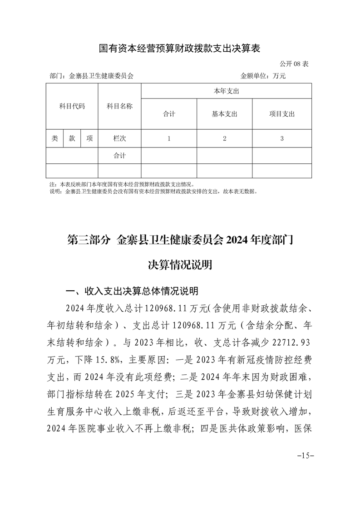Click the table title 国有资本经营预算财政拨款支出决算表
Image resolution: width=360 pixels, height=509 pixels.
pos(179,49)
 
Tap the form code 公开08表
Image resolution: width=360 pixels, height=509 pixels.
pos(294,64)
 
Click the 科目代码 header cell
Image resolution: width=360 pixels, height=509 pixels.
pos(72,107)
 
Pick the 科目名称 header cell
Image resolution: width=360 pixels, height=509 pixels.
pos(119,107)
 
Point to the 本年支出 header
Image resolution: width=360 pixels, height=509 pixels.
pos(226,91)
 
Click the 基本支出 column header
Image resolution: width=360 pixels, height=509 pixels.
pos(224,114)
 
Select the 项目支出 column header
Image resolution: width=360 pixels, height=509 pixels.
pos(282,114)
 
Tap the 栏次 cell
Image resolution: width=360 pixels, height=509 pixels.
pos(119,139)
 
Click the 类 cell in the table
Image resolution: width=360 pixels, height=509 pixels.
pos(54,139)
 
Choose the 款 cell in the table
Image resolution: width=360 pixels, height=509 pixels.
pos(72,139)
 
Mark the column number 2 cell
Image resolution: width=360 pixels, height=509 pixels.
pos(224,139)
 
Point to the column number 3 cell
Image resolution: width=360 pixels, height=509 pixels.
pos(282,139)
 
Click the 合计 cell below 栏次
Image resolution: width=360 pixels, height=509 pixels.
pos(119,156)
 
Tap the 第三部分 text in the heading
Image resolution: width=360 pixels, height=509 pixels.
pos(89,240)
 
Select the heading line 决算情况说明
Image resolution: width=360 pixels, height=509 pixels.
pos(180,265)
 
